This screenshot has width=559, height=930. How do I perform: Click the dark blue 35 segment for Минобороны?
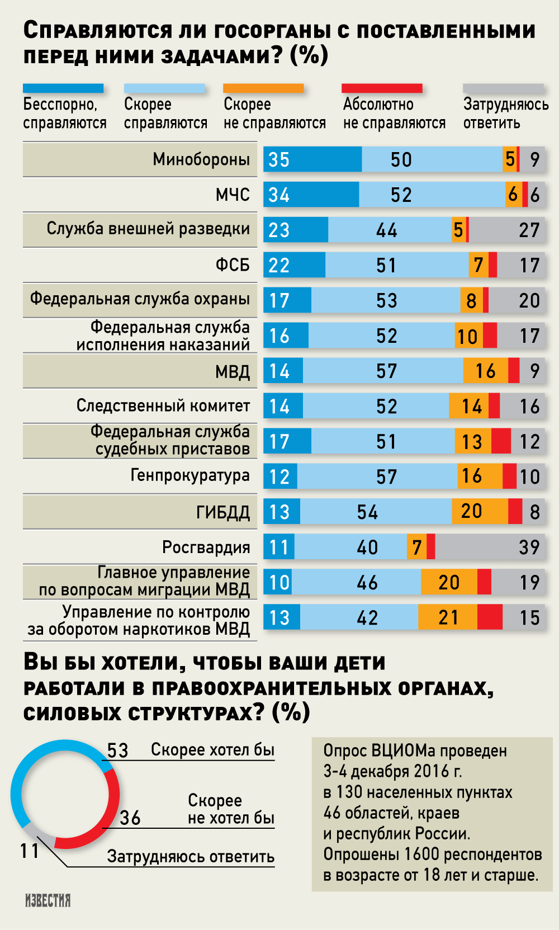coord(312,159)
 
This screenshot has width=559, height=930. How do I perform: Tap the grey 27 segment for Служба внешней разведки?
coord(506,230)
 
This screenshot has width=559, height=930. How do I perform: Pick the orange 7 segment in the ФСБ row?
coord(479,265)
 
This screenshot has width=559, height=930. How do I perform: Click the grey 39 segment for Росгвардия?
coord(490,547)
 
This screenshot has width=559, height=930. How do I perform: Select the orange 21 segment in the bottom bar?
coord(447,617)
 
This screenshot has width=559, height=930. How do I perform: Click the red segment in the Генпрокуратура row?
coord(509,476)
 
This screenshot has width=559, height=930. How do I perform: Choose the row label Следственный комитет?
coord(163,405)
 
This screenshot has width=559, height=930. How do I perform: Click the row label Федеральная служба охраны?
coord(140,299)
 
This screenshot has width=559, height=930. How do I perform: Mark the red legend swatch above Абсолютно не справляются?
coord(382,88)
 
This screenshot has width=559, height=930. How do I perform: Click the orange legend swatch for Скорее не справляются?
coord(263,88)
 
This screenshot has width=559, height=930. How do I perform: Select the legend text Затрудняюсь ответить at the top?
coord(505,114)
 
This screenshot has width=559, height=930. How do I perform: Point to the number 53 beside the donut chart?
coord(117,750)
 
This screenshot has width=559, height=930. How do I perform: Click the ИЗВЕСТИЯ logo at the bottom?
coord(48,900)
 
